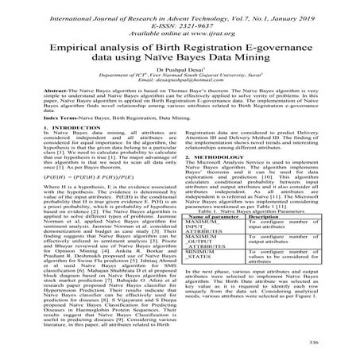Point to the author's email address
point(180,106)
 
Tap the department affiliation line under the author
point(180,98)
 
